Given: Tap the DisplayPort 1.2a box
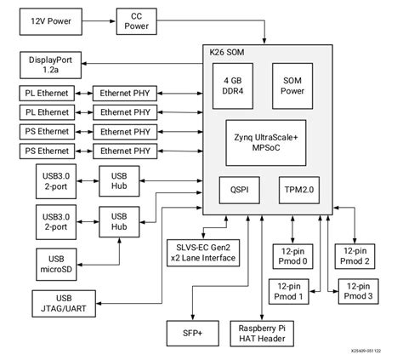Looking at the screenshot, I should click(x=49, y=65).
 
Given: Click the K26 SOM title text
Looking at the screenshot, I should click(x=224, y=54).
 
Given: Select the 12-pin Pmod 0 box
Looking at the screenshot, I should click(x=292, y=257).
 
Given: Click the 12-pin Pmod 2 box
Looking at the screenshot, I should click(x=357, y=257).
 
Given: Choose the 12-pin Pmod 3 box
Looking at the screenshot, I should click(x=357, y=292).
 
